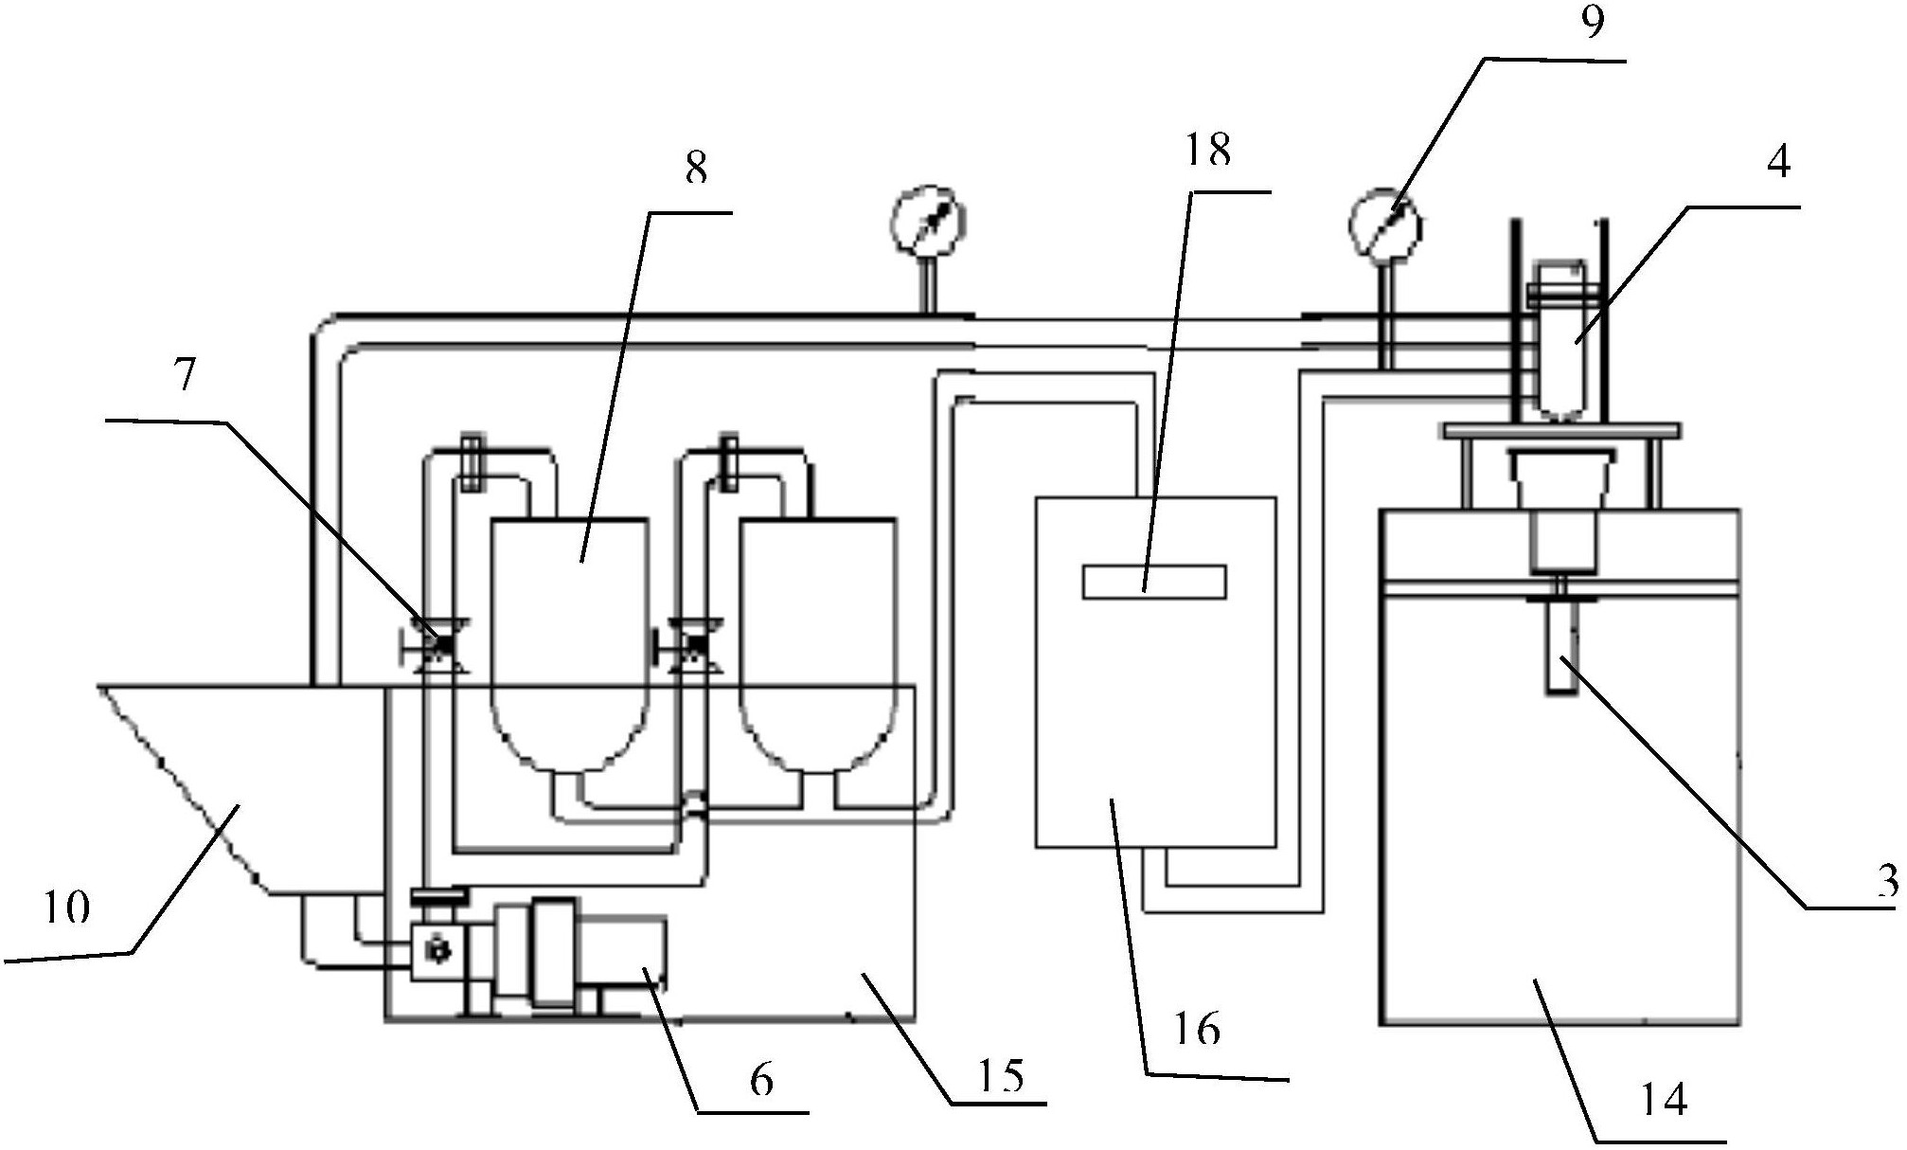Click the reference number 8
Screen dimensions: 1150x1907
(696, 170)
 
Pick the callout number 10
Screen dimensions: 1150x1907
(67, 907)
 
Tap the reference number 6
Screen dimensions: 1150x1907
(762, 1080)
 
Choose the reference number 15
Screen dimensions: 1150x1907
(1003, 1075)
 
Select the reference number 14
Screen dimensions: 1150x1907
(1664, 1100)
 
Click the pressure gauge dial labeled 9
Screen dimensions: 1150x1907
(1385, 223)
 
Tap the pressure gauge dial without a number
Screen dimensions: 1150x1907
(928, 221)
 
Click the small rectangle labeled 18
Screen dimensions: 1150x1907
(1154, 582)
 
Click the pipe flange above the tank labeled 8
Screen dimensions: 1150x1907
(471, 463)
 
